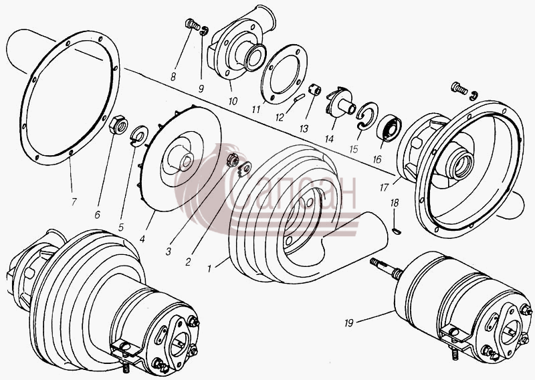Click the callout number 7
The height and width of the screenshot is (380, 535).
(74, 201)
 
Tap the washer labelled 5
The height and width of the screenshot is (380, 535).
(140, 136)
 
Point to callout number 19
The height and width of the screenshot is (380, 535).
(348, 322)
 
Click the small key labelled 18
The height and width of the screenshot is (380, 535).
(396, 231)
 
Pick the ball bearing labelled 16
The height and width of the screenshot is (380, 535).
(389, 128)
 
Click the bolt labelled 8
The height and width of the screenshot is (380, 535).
(193, 24)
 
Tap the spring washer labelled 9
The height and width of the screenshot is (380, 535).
(205, 31)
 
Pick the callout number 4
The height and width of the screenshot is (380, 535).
(142, 239)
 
